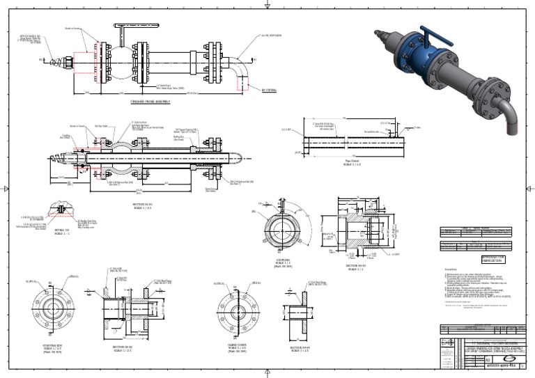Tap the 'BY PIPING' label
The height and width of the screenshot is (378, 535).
pos(268,90)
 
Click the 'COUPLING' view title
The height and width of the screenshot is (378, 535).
pos(283,260)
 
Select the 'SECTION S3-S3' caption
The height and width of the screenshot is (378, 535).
pos(357,266)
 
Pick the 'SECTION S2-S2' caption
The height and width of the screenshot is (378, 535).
pos(123,347)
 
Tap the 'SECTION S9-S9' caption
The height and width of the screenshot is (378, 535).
pos(300,347)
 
